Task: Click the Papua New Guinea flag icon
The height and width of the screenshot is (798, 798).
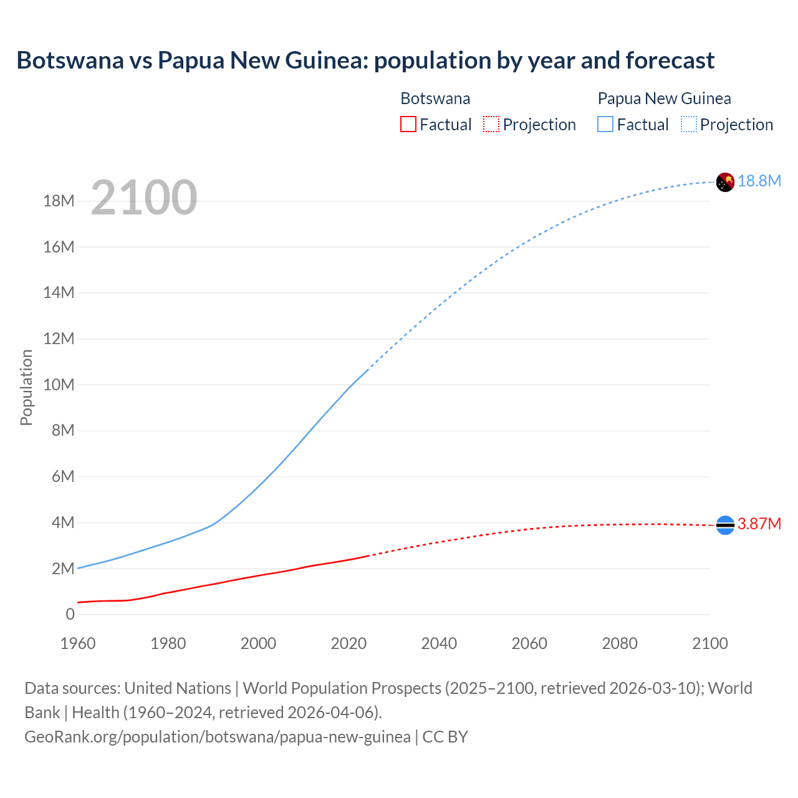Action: [725, 182]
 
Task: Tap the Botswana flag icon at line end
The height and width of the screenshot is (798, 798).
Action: [725, 526]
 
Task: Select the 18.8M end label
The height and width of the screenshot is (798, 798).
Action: [759, 181]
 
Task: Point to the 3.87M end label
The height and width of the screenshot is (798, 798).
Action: [759, 524]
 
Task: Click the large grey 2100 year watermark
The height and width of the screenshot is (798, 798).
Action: [144, 198]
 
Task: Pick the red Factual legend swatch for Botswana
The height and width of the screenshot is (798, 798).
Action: [408, 124]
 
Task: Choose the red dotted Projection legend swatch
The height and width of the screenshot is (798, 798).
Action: [491, 124]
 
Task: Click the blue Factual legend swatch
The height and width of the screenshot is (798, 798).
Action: [605, 124]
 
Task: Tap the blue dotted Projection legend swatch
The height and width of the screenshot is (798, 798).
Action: [688, 124]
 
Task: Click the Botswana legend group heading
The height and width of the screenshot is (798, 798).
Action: [435, 99]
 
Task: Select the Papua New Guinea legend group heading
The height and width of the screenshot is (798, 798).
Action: [664, 99]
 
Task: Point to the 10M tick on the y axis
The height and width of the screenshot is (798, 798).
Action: [59, 385]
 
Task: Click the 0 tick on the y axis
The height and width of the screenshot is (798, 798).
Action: [70, 614]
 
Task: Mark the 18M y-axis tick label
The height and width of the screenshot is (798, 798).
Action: [59, 201]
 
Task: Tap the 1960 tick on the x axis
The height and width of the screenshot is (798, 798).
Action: [78, 643]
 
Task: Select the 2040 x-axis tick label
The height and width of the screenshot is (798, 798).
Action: [439, 643]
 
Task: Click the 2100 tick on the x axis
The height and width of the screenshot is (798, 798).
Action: [709, 643]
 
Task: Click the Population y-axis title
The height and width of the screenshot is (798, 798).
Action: [26, 387]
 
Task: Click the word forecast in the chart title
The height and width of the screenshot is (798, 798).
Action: [670, 60]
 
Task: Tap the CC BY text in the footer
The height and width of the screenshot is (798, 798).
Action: [445, 737]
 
